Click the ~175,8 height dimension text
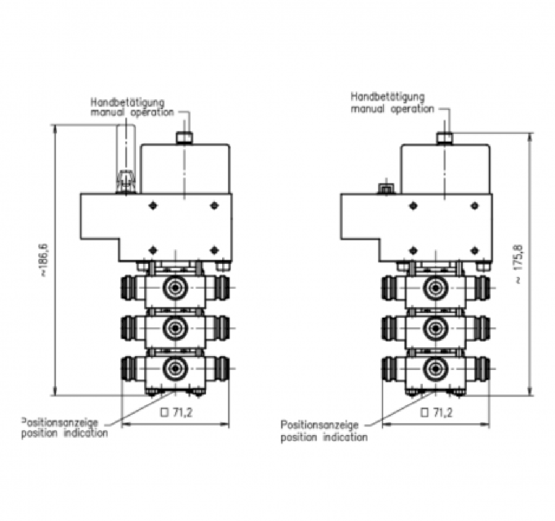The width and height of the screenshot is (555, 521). point(519,263)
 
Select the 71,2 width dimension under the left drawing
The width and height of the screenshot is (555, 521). point(176,412)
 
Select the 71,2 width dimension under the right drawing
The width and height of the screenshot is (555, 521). point(436,412)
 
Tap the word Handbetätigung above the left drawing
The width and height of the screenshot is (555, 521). point(128,103)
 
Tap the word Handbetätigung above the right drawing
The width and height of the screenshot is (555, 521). point(388,96)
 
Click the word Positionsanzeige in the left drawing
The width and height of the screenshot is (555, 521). point(59,423)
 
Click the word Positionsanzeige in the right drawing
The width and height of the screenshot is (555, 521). point(320,425)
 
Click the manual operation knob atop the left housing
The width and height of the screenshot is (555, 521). point(184,138)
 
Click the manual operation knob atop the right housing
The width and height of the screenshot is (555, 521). point(445,138)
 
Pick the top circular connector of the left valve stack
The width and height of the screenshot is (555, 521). point(175,288)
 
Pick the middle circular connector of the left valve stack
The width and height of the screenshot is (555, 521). point(175,329)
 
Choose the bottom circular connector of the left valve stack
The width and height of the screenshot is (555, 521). point(175,369)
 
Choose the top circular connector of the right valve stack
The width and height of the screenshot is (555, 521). point(435,288)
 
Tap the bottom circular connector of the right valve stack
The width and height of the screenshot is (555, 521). point(435,369)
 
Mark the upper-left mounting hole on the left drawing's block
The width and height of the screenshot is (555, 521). point(153,206)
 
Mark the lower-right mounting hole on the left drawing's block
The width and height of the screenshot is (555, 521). point(214,250)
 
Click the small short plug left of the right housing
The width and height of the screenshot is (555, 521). point(385,189)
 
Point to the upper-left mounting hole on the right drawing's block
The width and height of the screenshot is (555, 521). point(413,206)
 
